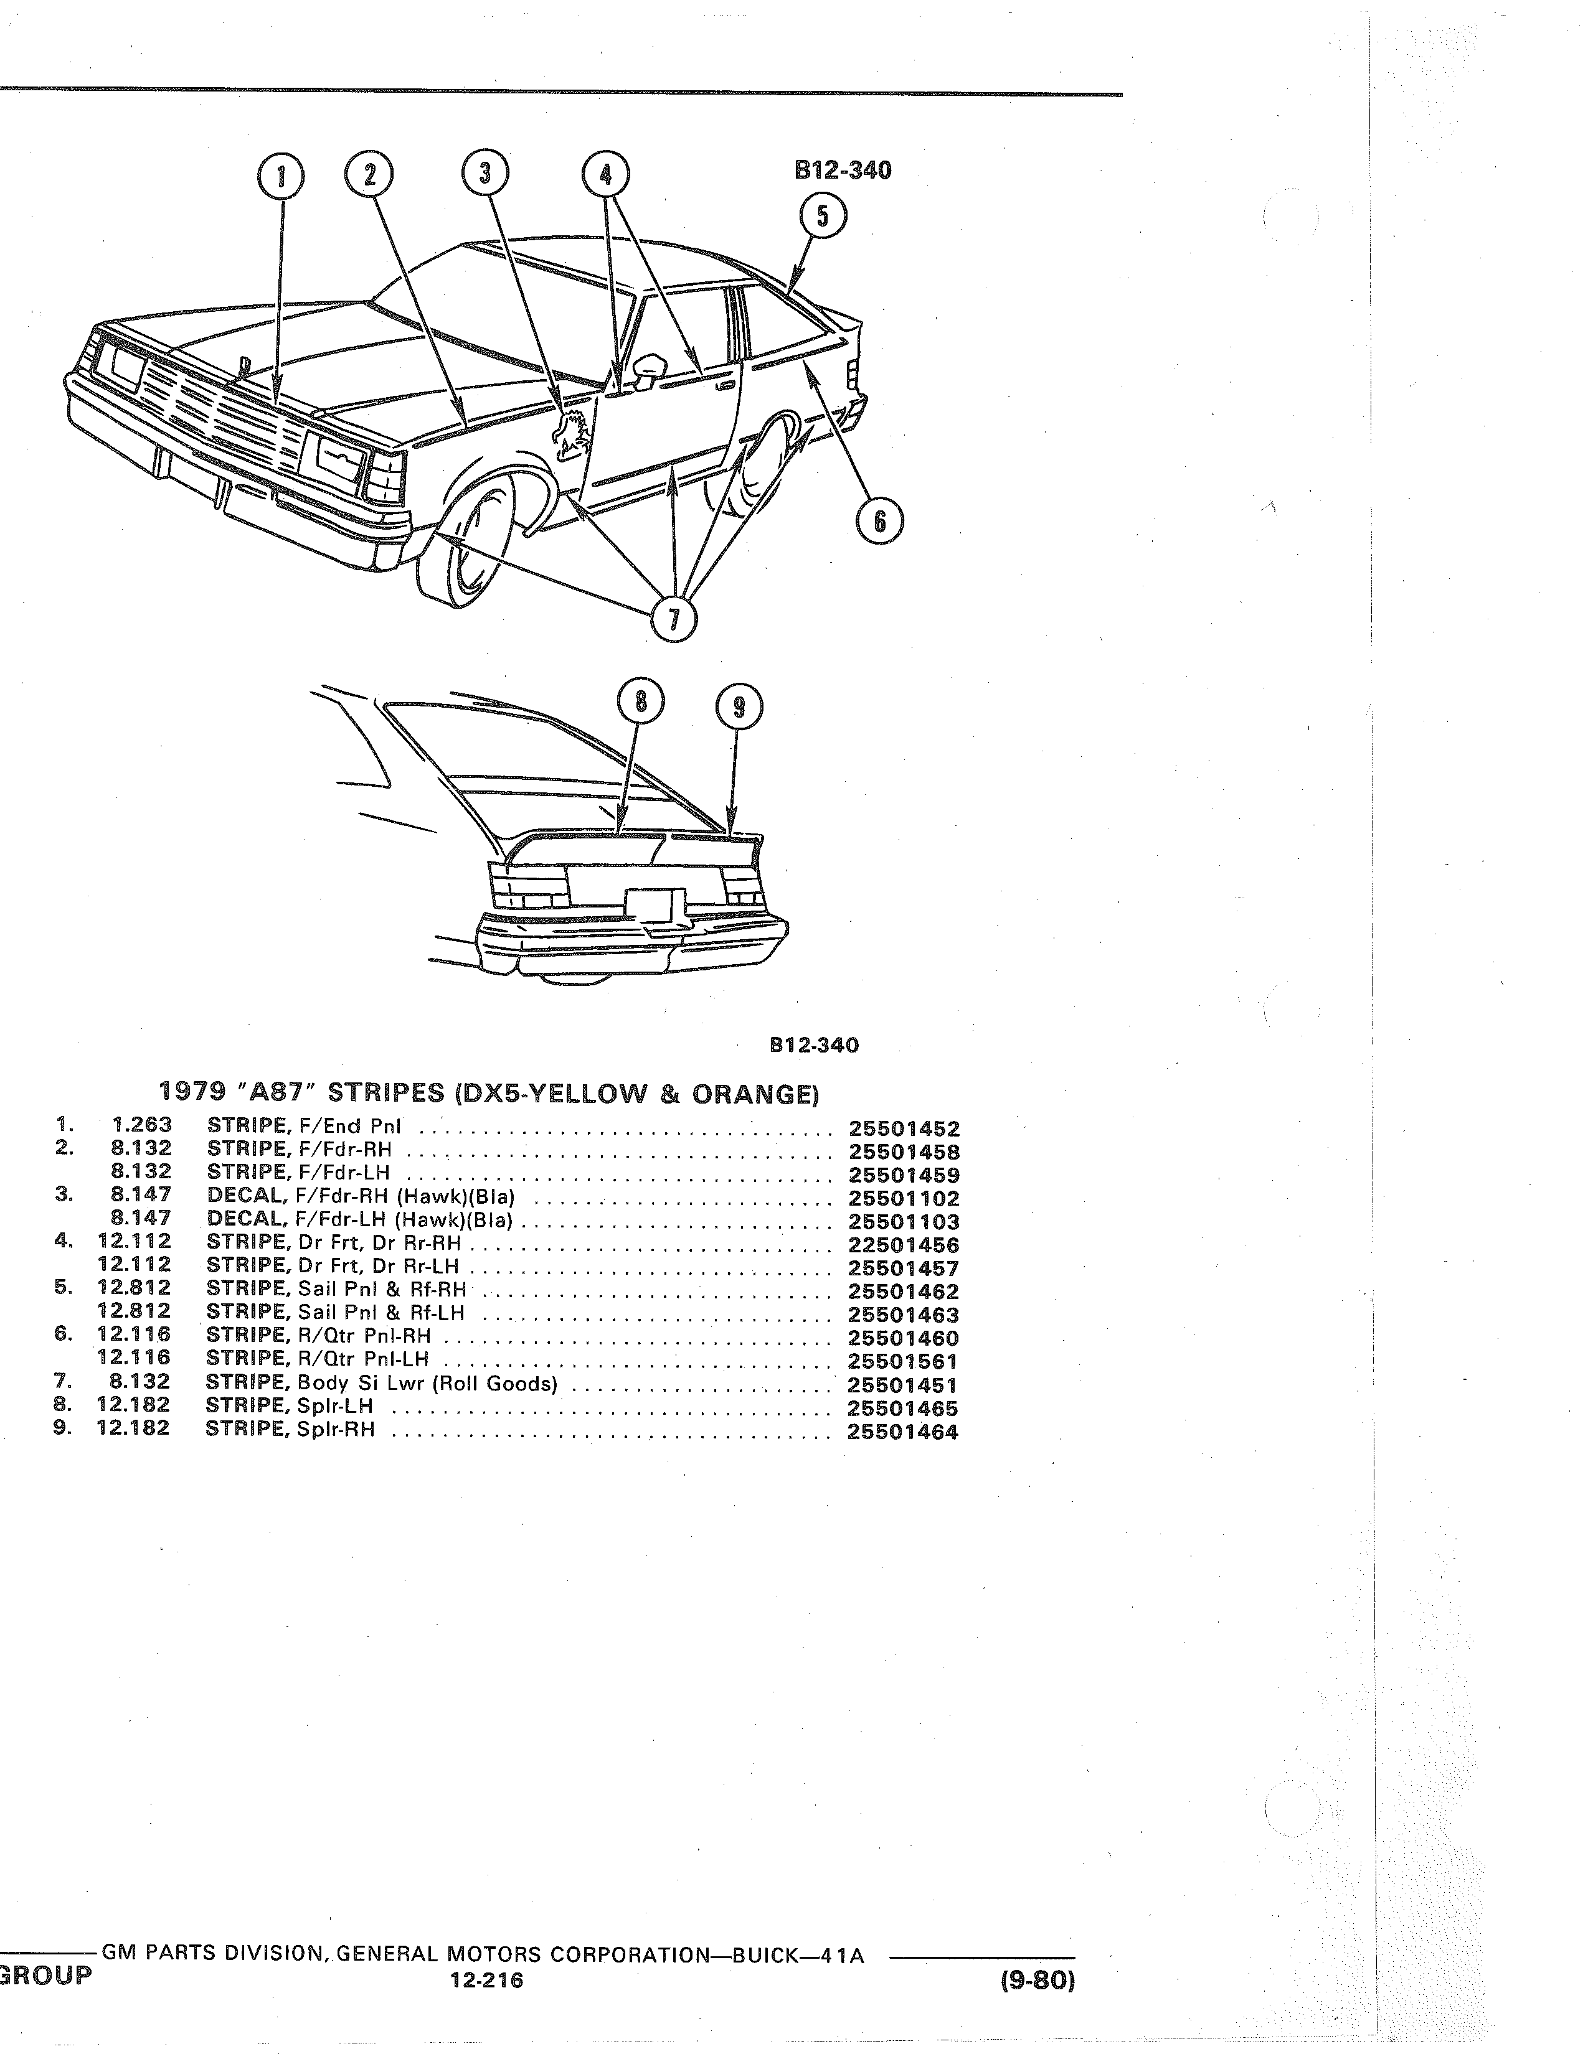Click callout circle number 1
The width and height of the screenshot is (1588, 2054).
pyautogui.click(x=280, y=176)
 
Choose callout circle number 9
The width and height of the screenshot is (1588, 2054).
pyautogui.click(x=739, y=707)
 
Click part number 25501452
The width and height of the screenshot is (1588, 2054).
pyautogui.click(x=903, y=1128)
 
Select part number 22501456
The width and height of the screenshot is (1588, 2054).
pyautogui.click(x=903, y=1245)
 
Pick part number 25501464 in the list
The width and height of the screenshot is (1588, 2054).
pyautogui.click(x=903, y=1432)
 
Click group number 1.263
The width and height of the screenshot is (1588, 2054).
pyautogui.click(x=141, y=1125)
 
